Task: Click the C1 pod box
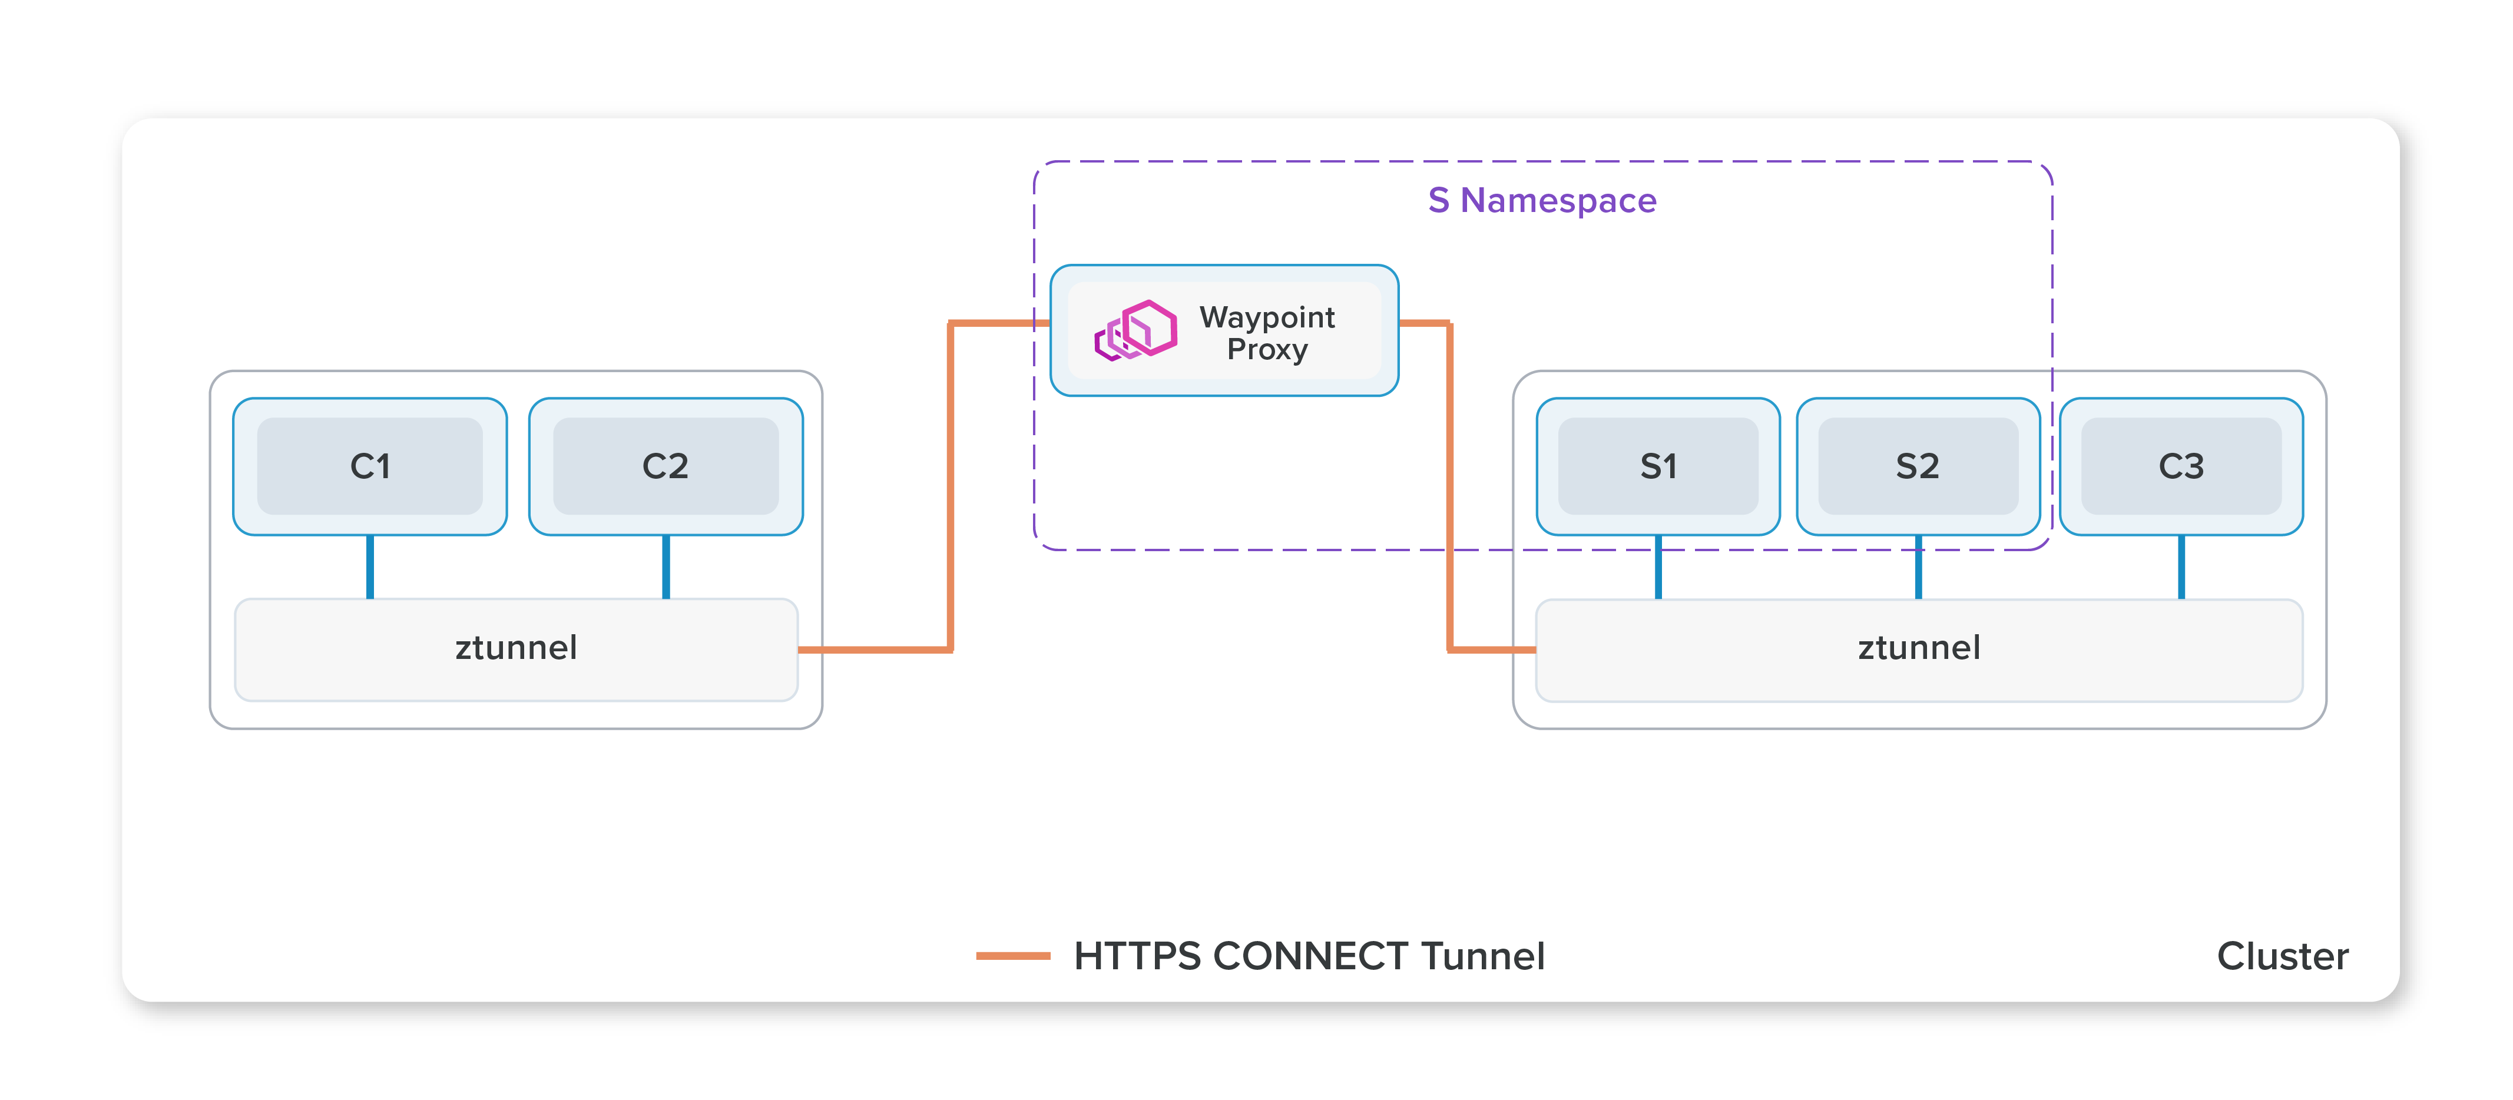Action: click(x=370, y=466)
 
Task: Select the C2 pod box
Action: click(x=666, y=466)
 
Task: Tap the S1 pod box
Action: click(x=1657, y=466)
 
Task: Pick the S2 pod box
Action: click(x=1917, y=466)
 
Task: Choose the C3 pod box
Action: click(x=2180, y=466)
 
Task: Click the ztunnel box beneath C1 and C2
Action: click(x=516, y=648)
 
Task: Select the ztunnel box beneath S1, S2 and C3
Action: click(x=1918, y=648)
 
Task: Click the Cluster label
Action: click(x=2282, y=956)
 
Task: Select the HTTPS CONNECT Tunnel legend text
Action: click(x=1308, y=956)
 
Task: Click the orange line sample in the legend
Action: click(x=1012, y=956)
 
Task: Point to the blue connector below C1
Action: click(x=370, y=566)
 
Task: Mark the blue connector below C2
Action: click(x=666, y=566)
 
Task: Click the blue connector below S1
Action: click(x=1657, y=566)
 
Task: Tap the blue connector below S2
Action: click(x=1918, y=566)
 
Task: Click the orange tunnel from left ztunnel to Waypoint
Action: click(x=950, y=488)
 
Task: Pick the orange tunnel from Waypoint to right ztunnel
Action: click(x=1449, y=488)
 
